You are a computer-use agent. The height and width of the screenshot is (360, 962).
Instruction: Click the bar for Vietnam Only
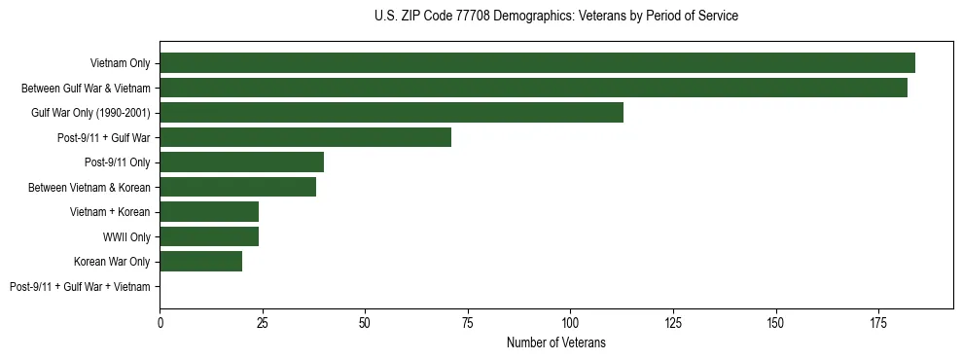(537, 63)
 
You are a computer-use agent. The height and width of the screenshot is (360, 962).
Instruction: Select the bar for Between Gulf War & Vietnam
(533, 88)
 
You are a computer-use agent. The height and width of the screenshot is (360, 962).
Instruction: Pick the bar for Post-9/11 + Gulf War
(305, 137)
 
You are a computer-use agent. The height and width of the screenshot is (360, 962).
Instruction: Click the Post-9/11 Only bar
(241, 162)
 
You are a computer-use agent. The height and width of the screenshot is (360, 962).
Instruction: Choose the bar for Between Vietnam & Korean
(237, 187)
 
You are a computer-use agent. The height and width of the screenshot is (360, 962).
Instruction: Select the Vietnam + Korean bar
(209, 212)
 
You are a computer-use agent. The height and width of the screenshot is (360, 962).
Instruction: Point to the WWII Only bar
(209, 236)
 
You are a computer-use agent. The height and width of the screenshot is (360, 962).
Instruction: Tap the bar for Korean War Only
(200, 262)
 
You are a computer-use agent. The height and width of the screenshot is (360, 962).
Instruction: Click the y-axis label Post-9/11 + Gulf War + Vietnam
(80, 287)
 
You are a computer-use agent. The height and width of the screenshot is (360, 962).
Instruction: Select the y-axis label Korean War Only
(112, 262)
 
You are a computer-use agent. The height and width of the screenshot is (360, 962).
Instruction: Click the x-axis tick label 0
(160, 321)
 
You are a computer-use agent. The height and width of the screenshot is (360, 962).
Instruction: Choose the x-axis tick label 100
(570, 321)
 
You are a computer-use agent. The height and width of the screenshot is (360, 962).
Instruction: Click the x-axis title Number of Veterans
(555, 342)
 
